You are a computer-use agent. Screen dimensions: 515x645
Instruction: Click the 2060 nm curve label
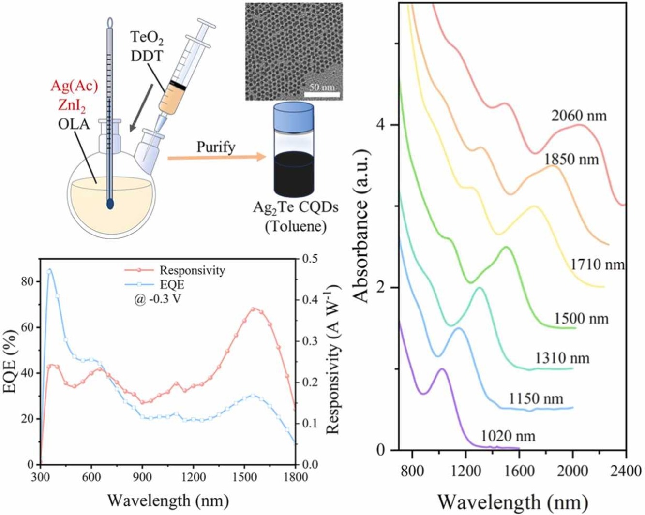click(x=578, y=116)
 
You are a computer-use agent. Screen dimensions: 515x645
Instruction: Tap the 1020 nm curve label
click(x=508, y=436)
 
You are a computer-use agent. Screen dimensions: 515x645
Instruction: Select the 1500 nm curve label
click(x=581, y=319)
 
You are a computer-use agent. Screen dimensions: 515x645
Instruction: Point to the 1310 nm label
click(x=562, y=358)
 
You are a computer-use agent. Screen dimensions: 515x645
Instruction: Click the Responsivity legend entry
click(x=192, y=270)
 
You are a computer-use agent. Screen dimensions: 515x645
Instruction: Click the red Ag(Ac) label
click(x=75, y=86)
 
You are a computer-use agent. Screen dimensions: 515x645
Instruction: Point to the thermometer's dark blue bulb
click(x=110, y=204)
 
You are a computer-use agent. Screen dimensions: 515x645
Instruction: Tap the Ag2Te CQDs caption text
click(x=295, y=207)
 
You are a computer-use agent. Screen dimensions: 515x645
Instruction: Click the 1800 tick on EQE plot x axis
click(x=295, y=477)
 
